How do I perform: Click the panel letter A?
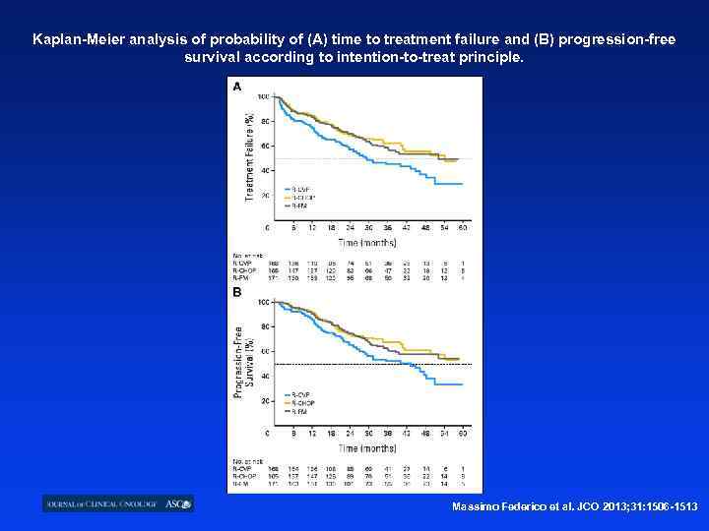pyautogui.click(x=236, y=87)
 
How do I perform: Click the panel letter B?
pyautogui.click(x=236, y=292)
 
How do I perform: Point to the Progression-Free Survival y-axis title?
pyautogui.click(x=243, y=362)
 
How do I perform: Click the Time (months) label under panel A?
pyautogui.click(x=367, y=241)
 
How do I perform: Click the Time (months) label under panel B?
pyautogui.click(x=367, y=446)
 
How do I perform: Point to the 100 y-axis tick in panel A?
pyautogui.click(x=263, y=96)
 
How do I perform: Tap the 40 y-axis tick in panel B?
pyautogui.click(x=264, y=377)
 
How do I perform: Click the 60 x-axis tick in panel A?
pyautogui.click(x=462, y=228)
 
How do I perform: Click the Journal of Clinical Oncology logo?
pyautogui.click(x=118, y=503)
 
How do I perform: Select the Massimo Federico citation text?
pyautogui.click(x=574, y=505)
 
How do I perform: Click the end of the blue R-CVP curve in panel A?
pyautogui.click(x=462, y=184)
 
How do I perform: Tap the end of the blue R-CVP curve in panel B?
pyautogui.click(x=462, y=383)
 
